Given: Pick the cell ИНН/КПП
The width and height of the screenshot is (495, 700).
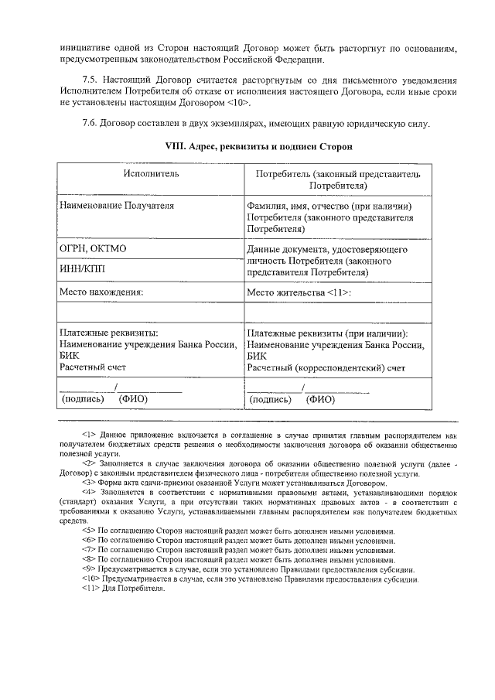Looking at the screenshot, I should point(82,268).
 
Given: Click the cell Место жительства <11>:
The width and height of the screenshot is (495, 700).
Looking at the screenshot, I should point(299,292).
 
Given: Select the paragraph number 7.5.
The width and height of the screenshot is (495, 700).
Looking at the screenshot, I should point(91,80).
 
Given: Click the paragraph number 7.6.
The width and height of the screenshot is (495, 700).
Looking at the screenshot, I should point(91,124).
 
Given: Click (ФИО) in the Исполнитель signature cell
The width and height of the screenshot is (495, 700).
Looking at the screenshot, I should point(132,400).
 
